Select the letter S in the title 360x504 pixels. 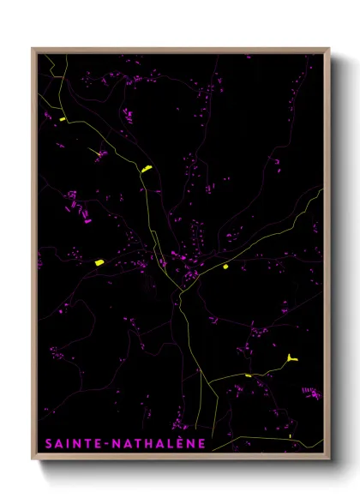[46, 444]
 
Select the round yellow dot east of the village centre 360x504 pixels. [225, 267]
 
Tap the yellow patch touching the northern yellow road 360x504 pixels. [146, 169]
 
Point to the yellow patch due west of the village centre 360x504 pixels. [99, 262]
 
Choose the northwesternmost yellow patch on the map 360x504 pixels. [63, 119]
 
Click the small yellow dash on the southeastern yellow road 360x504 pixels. [248, 375]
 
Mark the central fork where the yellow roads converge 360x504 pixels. [182, 291]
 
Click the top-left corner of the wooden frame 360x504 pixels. [33, 50]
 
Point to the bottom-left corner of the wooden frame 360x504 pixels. [33, 459]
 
